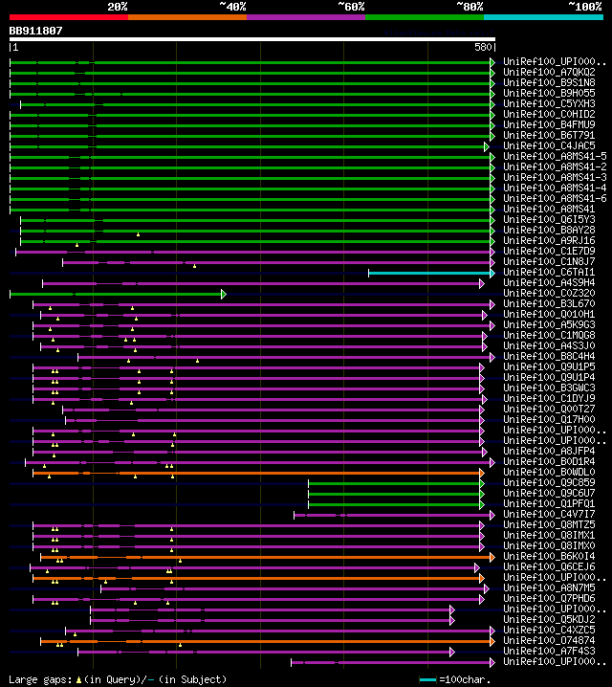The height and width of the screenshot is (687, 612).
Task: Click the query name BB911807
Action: tap(36, 31)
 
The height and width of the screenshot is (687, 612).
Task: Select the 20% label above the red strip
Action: tap(118, 6)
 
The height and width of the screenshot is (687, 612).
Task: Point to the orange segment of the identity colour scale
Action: tap(186, 16)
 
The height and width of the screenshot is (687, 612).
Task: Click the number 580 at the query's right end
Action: tap(482, 47)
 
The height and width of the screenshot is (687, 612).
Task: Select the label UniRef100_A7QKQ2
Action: tap(548, 72)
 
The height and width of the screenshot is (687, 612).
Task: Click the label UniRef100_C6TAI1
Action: tap(548, 272)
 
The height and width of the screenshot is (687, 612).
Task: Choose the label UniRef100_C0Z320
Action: tap(548, 293)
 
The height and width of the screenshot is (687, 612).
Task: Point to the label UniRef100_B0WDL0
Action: tap(548, 473)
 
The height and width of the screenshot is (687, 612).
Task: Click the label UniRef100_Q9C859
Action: tap(548, 483)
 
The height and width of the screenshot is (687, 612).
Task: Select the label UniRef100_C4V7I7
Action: tap(548, 515)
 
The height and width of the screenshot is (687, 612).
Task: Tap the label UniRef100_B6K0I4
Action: tap(548, 557)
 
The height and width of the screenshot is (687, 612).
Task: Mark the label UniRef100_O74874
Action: tap(548, 641)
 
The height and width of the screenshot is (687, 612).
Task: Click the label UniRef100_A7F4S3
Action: tap(548, 652)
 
